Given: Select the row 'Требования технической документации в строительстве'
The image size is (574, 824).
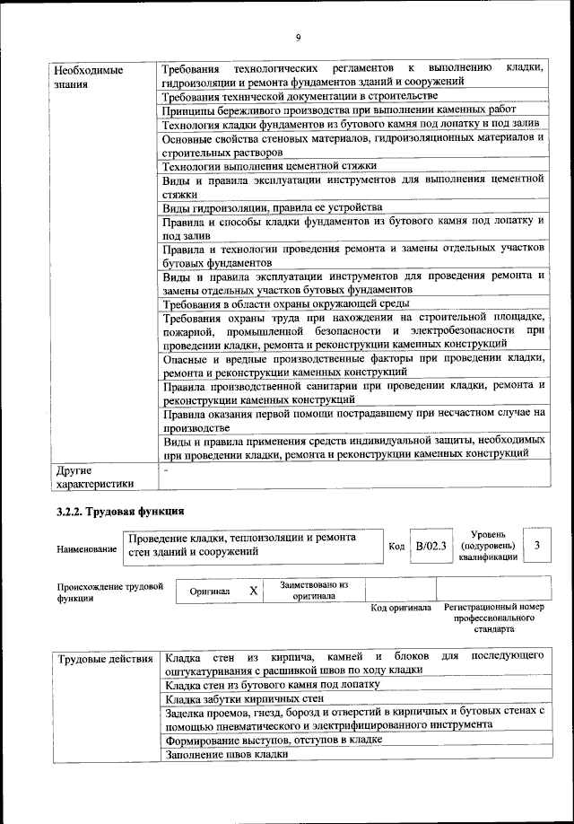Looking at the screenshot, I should tap(300, 96).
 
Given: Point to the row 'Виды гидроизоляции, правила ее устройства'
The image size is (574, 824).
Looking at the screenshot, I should tap(273, 206).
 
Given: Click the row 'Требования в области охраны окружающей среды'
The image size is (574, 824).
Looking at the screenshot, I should tap(274, 305).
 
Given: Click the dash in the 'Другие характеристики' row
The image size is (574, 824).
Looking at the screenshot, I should tap(166, 469).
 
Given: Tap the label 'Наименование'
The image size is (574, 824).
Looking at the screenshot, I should tap(86, 548).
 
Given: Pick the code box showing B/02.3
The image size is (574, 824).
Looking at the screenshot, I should tap(430, 546).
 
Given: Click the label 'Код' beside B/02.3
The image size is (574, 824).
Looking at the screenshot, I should tap(396, 546).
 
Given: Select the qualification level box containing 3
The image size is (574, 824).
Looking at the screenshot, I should tap(536, 546).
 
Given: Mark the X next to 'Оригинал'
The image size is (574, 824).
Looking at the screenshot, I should tap(254, 591).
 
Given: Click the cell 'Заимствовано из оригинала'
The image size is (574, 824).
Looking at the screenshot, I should tap(314, 590).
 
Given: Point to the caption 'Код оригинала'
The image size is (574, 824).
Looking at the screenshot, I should tap(401, 609).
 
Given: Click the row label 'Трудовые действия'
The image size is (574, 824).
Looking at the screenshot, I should tap(104, 661).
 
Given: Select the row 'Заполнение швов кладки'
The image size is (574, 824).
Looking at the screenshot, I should tap(227, 754).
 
